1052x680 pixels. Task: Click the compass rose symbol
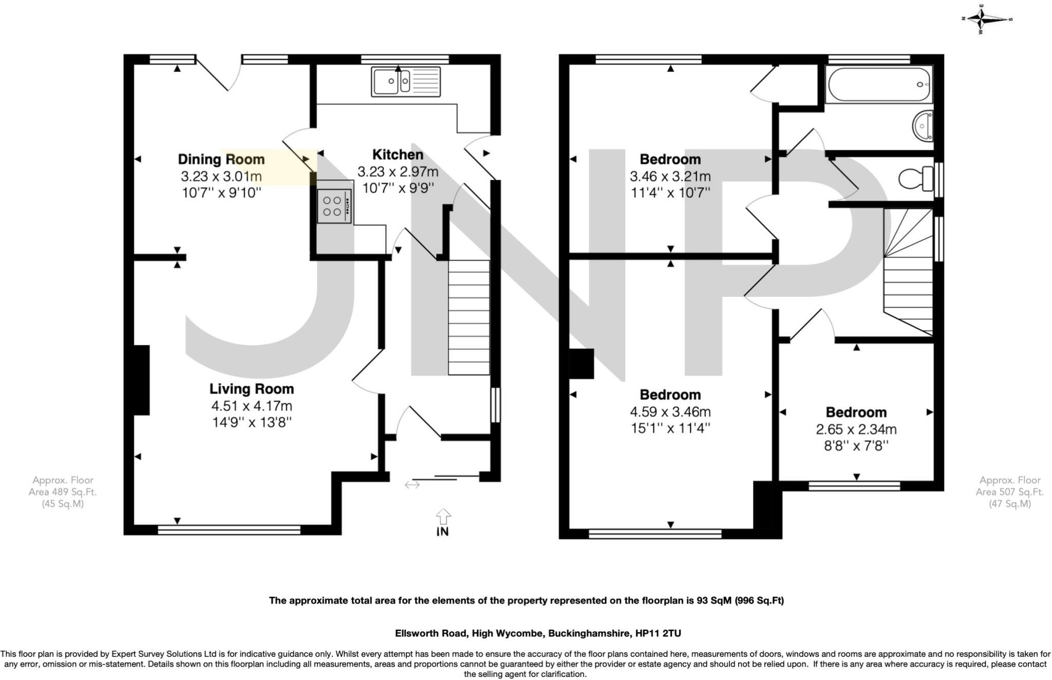coord(986,19)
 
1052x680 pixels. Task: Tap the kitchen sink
coord(405,82)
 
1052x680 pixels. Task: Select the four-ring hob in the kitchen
coord(333,206)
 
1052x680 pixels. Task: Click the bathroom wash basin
coord(923,125)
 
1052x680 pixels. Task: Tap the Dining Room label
coord(221,159)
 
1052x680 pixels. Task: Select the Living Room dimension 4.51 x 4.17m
coord(252,406)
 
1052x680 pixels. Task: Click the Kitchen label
coord(398,155)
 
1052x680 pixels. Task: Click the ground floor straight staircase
coord(468,317)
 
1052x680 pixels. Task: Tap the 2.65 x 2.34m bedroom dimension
coord(856,429)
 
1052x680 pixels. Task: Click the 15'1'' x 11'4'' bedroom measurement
coord(670,428)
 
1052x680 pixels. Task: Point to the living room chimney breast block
coord(141,380)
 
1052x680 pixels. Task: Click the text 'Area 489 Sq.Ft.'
coord(62,492)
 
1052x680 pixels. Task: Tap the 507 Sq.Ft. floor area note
coord(1009,492)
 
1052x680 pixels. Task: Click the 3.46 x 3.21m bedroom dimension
coord(670,176)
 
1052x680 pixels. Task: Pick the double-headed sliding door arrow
coord(412,484)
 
